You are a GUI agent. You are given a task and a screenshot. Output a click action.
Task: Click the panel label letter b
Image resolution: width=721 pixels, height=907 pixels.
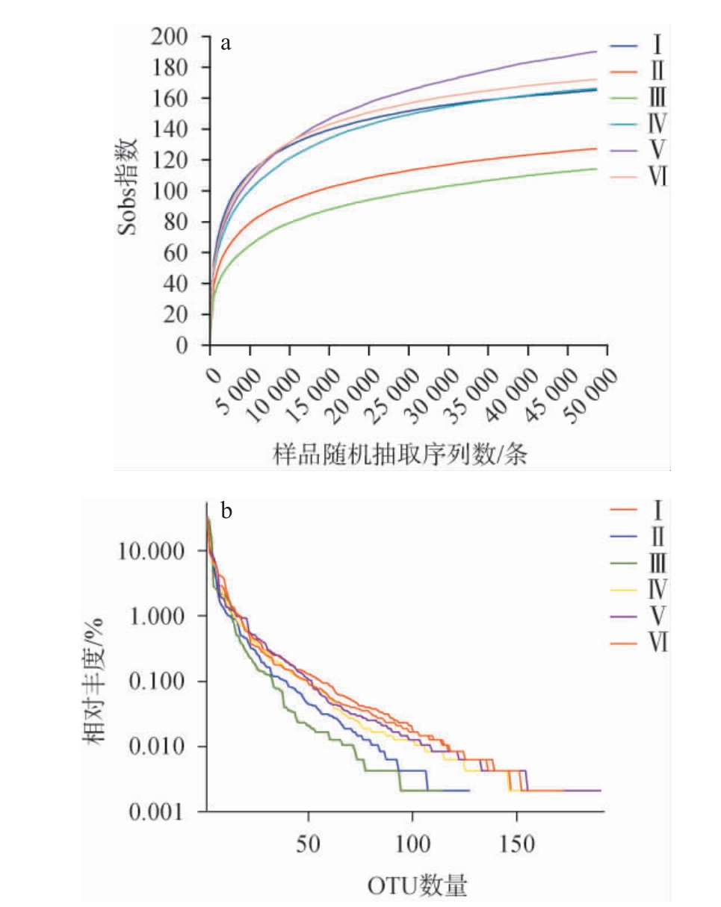226,511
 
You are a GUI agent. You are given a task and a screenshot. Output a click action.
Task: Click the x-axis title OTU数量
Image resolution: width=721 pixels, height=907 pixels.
417,886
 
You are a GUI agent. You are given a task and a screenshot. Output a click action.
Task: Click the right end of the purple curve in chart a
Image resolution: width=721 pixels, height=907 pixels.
596,52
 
